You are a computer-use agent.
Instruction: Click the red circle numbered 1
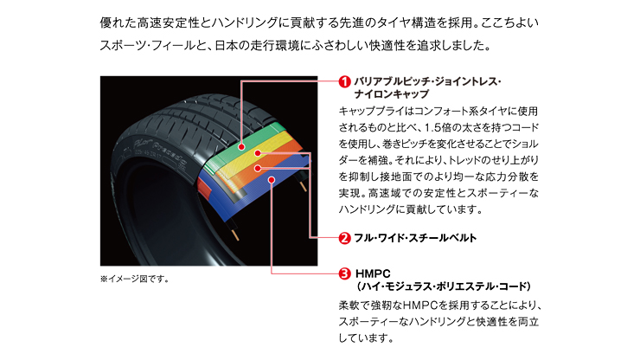click(345, 81)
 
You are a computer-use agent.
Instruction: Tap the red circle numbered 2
click(345, 238)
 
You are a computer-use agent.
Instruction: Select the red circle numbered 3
click(345, 273)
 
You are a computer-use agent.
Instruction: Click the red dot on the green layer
click(241, 146)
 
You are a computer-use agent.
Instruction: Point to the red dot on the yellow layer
click(258, 153)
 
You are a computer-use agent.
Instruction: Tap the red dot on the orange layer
click(258, 168)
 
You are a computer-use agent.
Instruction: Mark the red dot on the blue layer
click(272, 180)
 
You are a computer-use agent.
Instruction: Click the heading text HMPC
click(373, 273)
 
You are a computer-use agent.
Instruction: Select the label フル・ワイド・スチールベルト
click(415, 238)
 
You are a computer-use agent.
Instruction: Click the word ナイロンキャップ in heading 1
click(392, 94)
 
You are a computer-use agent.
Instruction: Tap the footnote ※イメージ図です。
click(135, 280)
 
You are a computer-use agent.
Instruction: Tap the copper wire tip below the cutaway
click(236, 235)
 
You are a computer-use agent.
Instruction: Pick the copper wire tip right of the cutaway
click(304, 186)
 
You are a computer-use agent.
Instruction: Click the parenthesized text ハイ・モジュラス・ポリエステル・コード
click(444, 286)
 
